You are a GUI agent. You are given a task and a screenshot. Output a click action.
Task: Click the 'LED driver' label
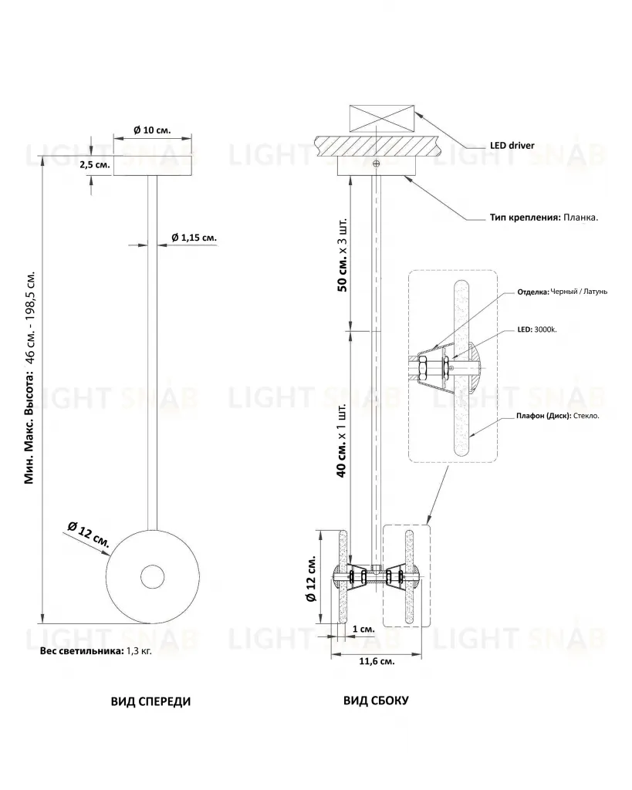512,146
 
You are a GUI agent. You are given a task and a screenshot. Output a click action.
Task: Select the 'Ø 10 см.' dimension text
152,130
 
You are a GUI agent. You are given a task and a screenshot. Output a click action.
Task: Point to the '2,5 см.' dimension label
95,165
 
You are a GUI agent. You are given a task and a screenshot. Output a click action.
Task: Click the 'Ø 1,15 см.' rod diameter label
194,238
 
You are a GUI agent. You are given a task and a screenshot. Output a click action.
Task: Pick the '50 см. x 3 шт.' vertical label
342,255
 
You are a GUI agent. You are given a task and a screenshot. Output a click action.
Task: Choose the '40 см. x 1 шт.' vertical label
341,441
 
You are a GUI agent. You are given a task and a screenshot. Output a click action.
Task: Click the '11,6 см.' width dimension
377,661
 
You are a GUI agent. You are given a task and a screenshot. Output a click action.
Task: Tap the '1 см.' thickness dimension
363,629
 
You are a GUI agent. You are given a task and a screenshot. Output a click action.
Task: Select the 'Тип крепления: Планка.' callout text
544,218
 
